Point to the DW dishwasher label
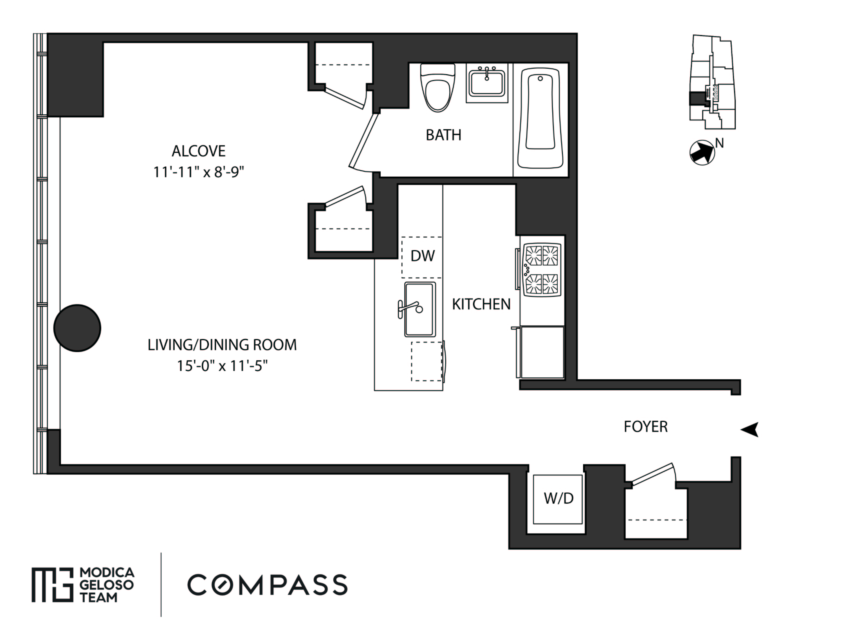pyautogui.click(x=423, y=256)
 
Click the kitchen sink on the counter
pyautogui.click(x=420, y=309)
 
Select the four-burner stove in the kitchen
pyautogui.click(x=542, y=270)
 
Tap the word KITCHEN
pyautogui.click(x=481, y=304)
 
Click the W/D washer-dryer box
pyautogui.click(x=558, y=499)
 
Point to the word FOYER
pyautogui.click(x=646, y=427)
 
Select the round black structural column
pyautogui.click(x=77, y=328)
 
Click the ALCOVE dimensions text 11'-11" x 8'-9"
pyautogui.click(x=198, y=172)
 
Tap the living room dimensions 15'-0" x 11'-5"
pyautogui.click(x=222, y=366)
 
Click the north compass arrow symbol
pyautogui.click(x=702, y=152)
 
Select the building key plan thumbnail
pyautogui.click(x=712, y=82)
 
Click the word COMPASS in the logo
pyautogui.click(x=267, y=585)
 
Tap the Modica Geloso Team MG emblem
pyautogui.click(x=52, y=585)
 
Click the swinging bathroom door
pyautogui.click(x=363, y=141)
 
